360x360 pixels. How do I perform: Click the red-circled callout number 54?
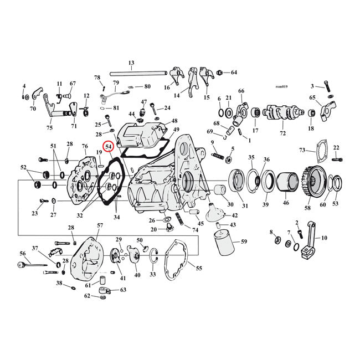(109, 147)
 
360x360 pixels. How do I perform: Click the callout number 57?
(100, 225)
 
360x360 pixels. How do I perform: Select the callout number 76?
(85, 146)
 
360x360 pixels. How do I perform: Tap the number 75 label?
(50, 127)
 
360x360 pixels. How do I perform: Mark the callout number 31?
(245, 207)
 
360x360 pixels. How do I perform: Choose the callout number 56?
(23, 253)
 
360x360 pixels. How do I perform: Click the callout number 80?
(147, 86)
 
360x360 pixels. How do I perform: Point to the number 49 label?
(176, 130)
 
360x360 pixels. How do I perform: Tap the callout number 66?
(241, 91)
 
